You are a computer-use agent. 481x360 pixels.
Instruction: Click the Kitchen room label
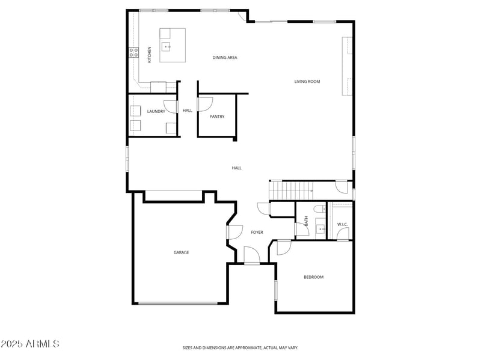point(150,54)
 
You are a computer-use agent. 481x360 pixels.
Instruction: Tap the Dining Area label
point(225,58)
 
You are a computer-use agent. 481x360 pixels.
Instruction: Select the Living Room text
point(307,82)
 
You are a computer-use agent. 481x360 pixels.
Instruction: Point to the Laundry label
point(156,111)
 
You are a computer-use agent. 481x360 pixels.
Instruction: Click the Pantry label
point(217,117)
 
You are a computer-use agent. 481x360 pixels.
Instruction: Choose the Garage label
point(182,252)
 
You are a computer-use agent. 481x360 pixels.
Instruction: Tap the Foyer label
point(257,232)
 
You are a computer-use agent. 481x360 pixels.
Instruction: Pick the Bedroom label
point(313,277)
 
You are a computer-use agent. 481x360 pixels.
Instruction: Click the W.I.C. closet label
point(342,225)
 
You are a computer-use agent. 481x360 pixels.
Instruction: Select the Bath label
point(306,221)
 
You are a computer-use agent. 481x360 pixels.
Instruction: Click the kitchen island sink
point(168,46)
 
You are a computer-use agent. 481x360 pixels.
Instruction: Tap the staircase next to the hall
point(291,191)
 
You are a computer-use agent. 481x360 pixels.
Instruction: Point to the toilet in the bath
point(320,210)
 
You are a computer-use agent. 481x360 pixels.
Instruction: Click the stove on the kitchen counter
point(133,53)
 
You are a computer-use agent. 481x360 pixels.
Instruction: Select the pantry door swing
point(204,103)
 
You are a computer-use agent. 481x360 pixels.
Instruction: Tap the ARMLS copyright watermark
point(30,344)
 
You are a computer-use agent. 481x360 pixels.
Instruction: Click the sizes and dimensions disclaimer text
point(240,347)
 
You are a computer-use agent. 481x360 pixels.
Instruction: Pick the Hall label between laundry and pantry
point(188,111)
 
